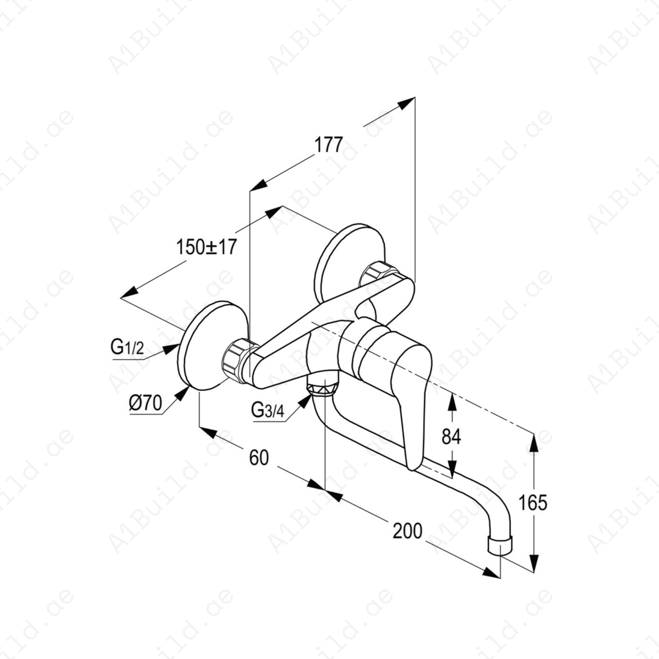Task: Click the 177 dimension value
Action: (328, 145)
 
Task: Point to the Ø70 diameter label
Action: (145, 403)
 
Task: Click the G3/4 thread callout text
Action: (268, 410)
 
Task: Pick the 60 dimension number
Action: (259, 458)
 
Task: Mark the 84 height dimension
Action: (451, 436)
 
